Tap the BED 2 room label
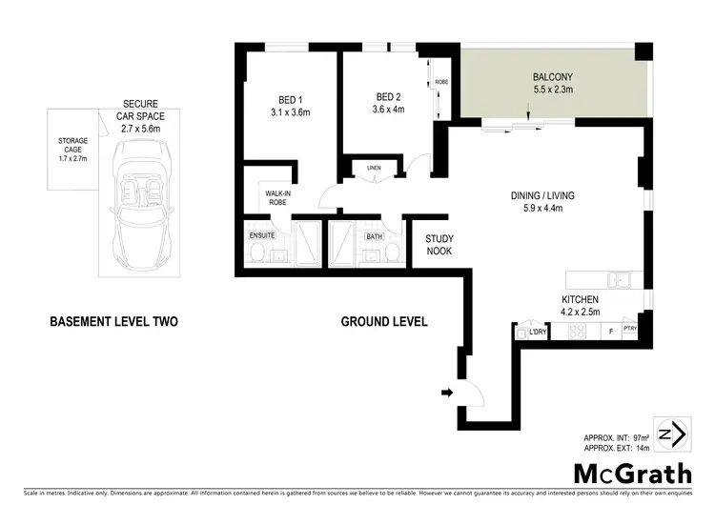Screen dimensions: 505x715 pos(386,96)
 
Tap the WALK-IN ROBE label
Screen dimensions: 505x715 pos(277,198)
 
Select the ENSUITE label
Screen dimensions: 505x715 pos(262,235)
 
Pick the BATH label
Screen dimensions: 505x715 pos(373,235)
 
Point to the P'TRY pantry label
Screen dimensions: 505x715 pos(629,330)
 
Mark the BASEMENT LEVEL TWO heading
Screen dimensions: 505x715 pos(112,321)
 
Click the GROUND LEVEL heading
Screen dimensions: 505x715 pos(384,321)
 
